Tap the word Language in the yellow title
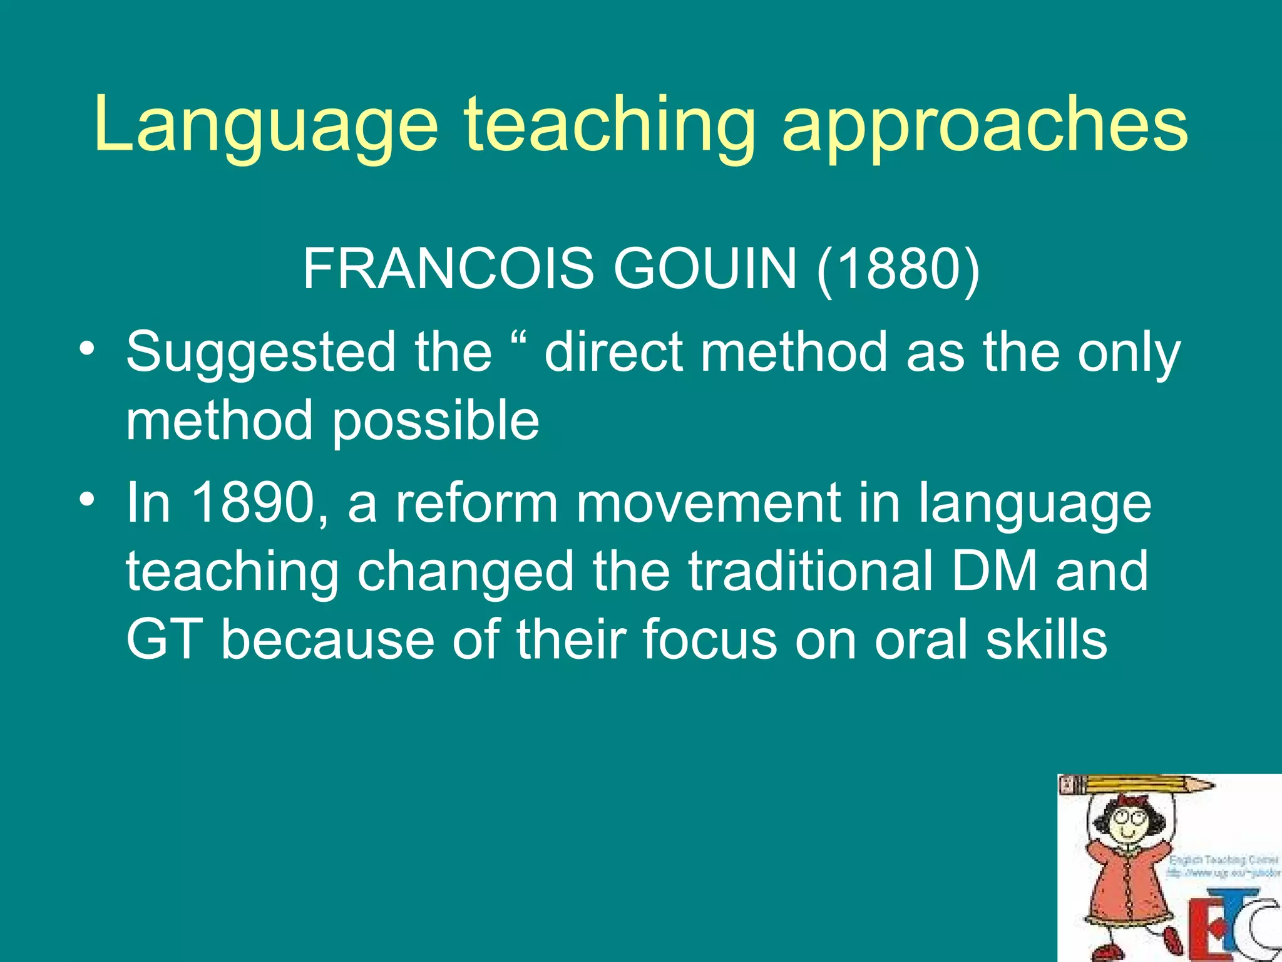267,125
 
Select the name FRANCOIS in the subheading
448,269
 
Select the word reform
476,503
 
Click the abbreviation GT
165,639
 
